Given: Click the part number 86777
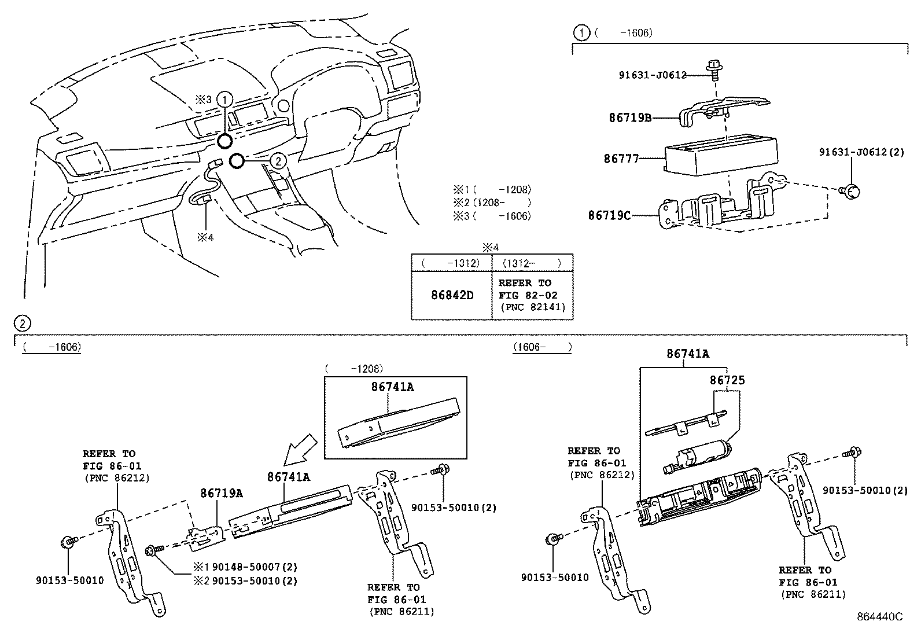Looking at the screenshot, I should (621, 158).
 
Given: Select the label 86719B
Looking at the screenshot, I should (630, 118).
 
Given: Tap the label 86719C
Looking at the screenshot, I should (609, 215).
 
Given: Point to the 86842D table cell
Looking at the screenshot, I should (452, 295).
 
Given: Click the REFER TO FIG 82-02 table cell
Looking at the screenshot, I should (532, 295).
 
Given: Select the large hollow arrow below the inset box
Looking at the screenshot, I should (301, 450).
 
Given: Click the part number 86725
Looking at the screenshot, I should (727, 380).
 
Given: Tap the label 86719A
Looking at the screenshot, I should (221, 493).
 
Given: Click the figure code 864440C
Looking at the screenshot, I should (879, 617).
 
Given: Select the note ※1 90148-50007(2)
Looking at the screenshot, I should (245, 567).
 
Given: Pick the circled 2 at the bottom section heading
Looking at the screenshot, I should (21, 323).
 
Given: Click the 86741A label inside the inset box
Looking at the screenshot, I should (392, 387).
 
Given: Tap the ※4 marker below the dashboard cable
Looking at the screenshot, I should (205, 237).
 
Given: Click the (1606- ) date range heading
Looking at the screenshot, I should (541, 347).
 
